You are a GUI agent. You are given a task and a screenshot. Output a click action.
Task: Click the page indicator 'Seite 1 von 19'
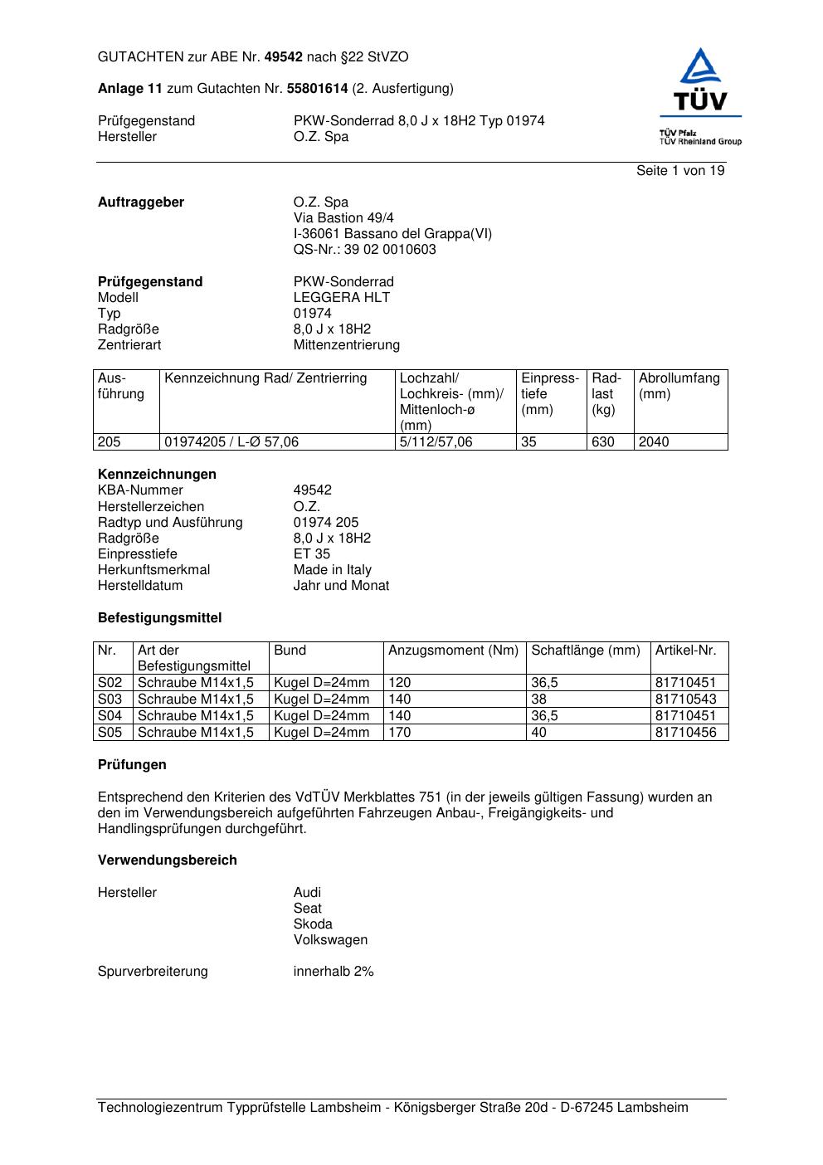coord(680,171)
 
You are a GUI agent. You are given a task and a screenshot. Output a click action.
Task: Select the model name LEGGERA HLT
coord(341,298)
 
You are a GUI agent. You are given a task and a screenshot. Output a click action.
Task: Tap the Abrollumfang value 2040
coord(654,442)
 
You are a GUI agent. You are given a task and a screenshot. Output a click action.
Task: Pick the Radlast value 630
coord(603,442)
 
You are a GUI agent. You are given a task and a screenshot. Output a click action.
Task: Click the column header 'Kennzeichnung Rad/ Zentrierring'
coord(265,378)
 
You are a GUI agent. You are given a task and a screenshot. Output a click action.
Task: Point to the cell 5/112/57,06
coord(436,442)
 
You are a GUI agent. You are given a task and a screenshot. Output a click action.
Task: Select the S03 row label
coord(110,699)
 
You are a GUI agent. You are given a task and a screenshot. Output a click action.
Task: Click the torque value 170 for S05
coord(400,733)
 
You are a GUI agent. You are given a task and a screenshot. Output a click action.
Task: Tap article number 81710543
coord(685,699)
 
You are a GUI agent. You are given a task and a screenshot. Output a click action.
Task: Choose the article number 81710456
coord(685,733)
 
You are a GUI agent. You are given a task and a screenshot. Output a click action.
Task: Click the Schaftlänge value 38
coord(539,699)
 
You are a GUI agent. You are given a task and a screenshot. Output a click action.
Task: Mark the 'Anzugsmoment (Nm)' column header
coord(453,651)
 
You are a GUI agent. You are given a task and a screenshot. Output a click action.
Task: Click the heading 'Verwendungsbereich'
coord(168,860)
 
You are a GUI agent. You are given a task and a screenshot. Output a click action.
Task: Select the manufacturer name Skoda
coord(313,924)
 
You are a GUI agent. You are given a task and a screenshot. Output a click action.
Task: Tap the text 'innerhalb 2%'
coord(334,972)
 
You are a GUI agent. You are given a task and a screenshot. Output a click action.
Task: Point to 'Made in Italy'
coord(332,570)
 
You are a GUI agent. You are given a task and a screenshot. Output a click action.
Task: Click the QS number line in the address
coord(364,250)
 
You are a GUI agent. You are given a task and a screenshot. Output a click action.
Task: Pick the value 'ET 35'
coord(311,554)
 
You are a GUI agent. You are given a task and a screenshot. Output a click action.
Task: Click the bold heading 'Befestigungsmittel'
coord(160,618)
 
